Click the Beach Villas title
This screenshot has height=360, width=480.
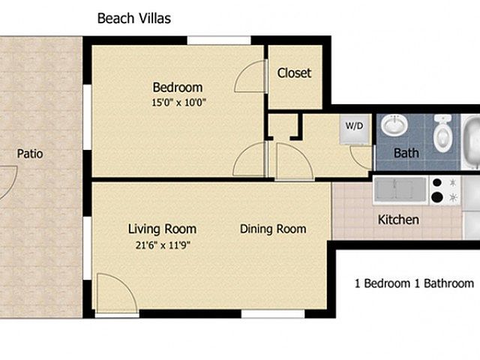(134, 18)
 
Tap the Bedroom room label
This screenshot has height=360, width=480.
(178, 88)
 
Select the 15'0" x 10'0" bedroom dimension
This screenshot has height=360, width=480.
(179, 102)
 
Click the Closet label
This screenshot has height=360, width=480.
(294, 73)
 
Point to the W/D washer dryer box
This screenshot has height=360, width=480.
(355, 130)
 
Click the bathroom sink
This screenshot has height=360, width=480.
(394, 125)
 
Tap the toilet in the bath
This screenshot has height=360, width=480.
(442, 133)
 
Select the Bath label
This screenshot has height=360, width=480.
(406, 153)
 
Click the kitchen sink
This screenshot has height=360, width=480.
(400, 190)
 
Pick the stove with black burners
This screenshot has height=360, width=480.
(445, 190)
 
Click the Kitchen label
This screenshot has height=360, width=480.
(398, 220)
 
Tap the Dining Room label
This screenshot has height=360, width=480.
(273, 229)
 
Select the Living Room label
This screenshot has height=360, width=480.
(162, 229)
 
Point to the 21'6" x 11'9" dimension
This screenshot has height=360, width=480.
(163, 245)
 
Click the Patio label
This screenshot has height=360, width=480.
(30, 154)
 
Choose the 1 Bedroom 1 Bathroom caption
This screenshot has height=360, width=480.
(414, 283)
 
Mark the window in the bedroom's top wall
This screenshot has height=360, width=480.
(219, 40)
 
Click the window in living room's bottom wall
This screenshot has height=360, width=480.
(273, 313)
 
